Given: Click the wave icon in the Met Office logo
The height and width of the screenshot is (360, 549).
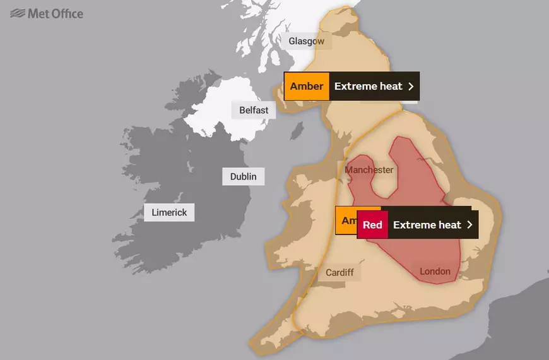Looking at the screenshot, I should point(18,13).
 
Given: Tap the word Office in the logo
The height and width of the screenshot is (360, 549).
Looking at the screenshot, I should point(68,13).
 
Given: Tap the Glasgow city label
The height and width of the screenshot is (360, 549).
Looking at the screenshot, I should point(306,42).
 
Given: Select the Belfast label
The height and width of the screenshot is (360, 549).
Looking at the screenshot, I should point(254,110).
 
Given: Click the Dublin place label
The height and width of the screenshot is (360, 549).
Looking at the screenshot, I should point(243,176).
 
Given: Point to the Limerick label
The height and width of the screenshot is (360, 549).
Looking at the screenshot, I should point(169,212).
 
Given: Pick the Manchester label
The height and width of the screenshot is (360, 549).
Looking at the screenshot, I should point(369,170).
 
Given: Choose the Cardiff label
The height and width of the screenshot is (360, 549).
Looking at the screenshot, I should point(339,273).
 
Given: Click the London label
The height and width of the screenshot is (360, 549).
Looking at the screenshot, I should point(435,272).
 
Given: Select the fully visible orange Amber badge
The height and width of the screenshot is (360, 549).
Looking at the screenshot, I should point(307,87).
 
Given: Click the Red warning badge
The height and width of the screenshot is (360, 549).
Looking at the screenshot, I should point(372,225).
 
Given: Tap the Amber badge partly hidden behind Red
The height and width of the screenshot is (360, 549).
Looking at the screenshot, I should point(346,220).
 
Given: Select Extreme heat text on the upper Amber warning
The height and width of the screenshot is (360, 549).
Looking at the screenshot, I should point(368,87).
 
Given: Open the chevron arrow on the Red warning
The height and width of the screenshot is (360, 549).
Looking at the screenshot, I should point(469,225).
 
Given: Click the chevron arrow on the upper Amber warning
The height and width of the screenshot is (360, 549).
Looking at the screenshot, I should point(410,87).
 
